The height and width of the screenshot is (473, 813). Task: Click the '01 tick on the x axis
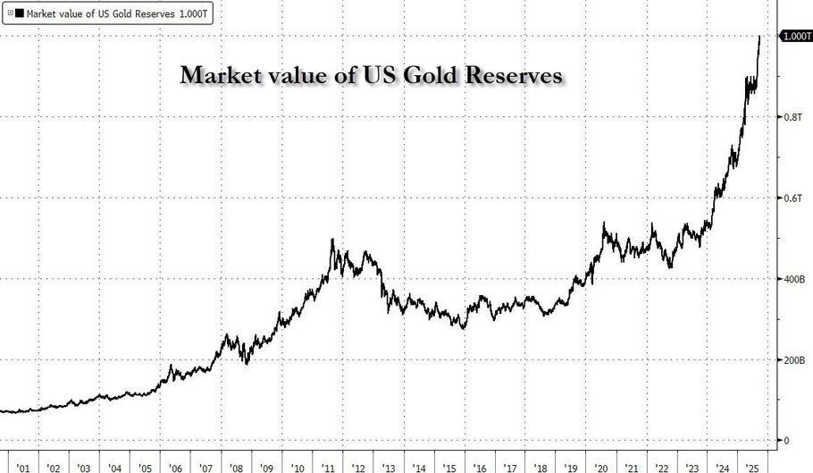coord(23,466)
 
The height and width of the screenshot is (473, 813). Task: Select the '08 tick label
coord(236,466)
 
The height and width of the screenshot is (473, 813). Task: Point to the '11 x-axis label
coord(330,466)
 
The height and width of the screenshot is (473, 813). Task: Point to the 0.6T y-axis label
coord(793,198)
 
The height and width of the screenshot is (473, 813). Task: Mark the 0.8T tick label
coord(793,117)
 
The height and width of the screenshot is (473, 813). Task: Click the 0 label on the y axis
coord(786,441)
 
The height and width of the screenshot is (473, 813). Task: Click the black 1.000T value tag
coord(795,37)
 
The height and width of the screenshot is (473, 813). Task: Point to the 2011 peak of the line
coord(333,240)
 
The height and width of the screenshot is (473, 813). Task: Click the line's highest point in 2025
coord(759,37)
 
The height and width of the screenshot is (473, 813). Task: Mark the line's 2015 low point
coord(463,328)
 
